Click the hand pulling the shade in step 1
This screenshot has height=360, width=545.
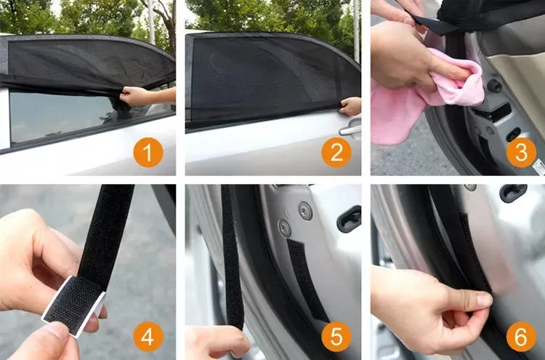pyautogui.click(x=138, y=95)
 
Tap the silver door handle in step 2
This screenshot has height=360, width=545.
pyautogui.click(x=350, y=129)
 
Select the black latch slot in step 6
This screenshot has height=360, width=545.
pyautogui.click(x=513, y=193)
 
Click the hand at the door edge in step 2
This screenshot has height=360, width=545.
pyautogui.click(x=351, y=106)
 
